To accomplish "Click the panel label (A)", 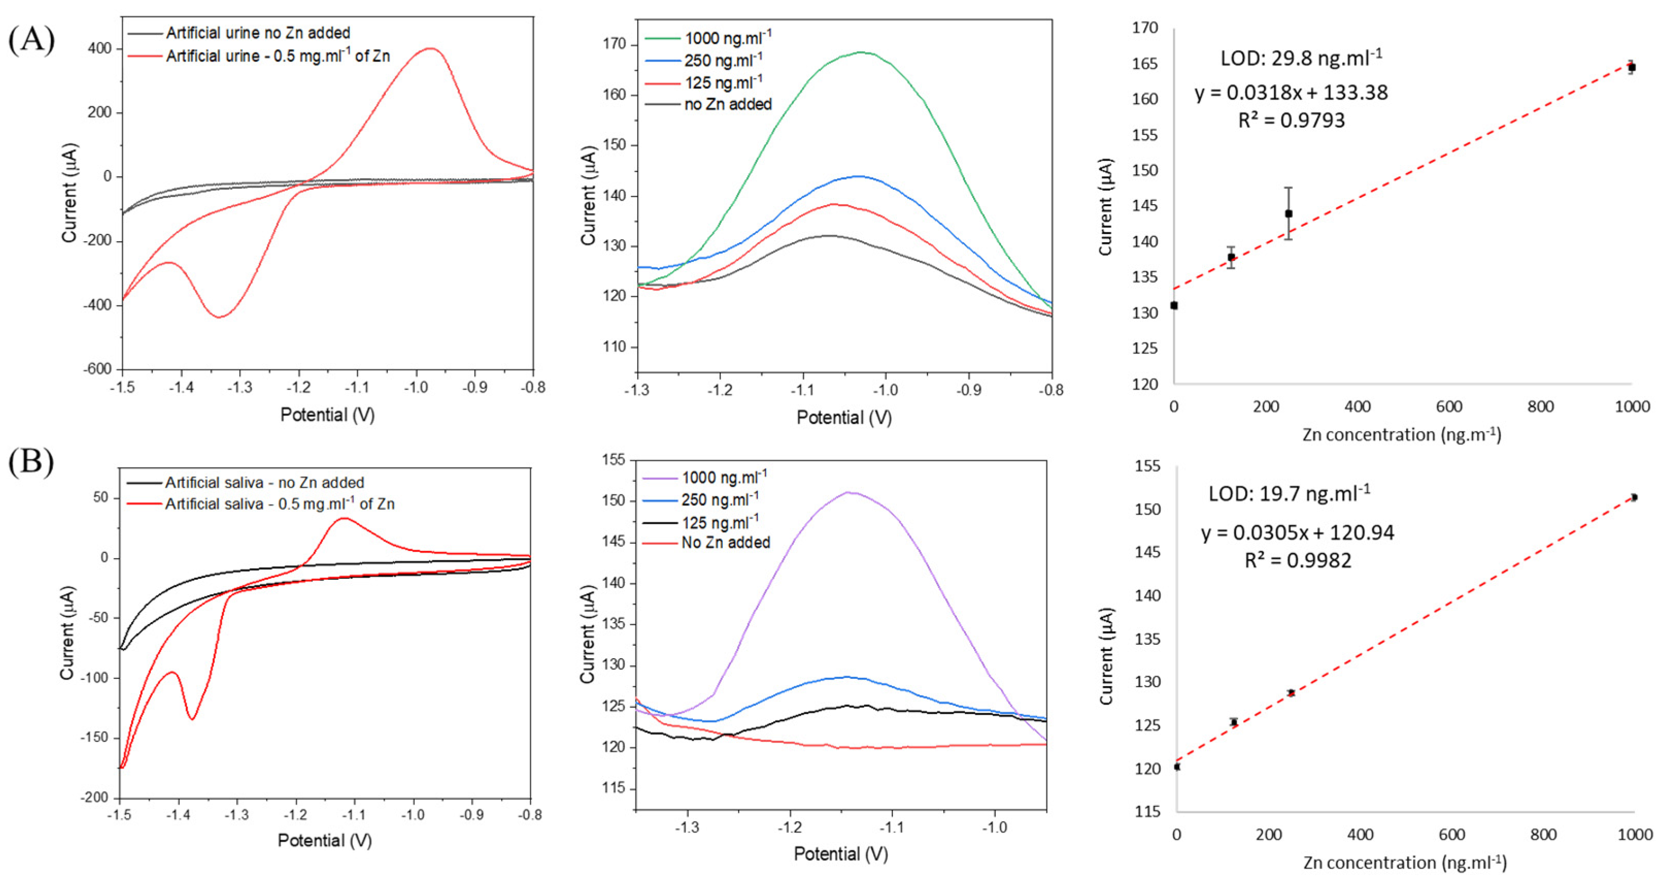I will coord(31,40).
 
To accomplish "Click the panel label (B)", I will coord(31,462).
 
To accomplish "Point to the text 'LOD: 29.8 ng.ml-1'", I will coord(1301,59).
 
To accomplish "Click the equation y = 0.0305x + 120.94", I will coord(1297,533).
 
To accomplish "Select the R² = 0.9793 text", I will coord(1292,121).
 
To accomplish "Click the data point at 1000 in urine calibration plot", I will coord(1631,67).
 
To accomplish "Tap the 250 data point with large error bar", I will coord(1289,213).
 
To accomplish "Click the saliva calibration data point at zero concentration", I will coord(1177,766).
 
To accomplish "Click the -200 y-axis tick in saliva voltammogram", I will coord(94,798).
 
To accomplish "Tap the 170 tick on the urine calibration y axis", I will coord(1145,28).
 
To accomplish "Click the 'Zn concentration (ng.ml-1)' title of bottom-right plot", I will coord(1405,862).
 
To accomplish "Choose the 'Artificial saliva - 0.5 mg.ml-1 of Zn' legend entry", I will coord(279,504).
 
